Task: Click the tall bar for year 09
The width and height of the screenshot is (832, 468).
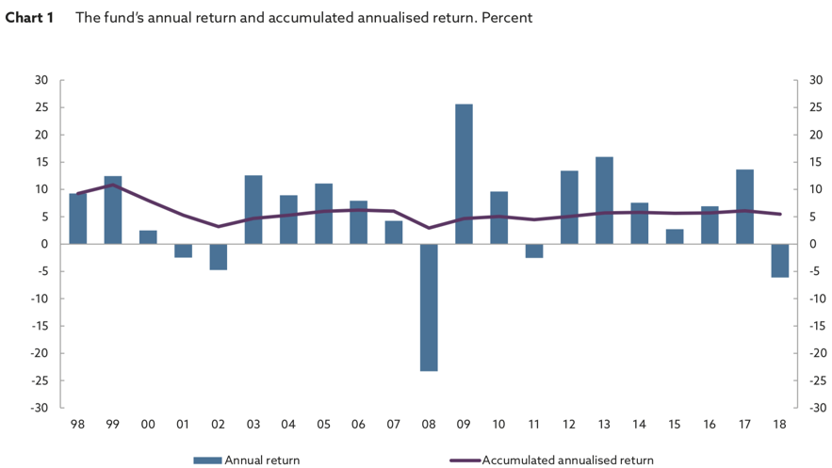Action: click(464, 174)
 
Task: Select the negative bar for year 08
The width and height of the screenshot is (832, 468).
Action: click(429, 307)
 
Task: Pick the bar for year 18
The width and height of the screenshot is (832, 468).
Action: click(779, 260)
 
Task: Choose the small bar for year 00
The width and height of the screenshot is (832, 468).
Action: click(148, 237)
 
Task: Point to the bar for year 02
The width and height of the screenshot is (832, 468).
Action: click(219, 256)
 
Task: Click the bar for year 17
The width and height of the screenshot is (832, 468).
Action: click(744, 206)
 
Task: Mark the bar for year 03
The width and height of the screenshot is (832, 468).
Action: click(253, 209)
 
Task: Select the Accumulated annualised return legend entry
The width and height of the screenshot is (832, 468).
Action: click(551, 460)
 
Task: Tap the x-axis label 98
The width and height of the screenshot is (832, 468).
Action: click(78, 425)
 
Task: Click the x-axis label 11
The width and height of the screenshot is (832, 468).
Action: click(534, 425)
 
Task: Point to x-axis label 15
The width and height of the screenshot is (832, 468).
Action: click(674, 425)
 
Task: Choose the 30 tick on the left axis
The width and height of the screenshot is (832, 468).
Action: click(41, 80)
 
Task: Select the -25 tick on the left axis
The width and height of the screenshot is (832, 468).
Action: click(40, 380)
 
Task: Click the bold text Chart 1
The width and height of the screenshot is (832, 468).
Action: click(29, 18)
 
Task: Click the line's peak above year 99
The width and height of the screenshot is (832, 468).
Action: click(113, 185)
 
